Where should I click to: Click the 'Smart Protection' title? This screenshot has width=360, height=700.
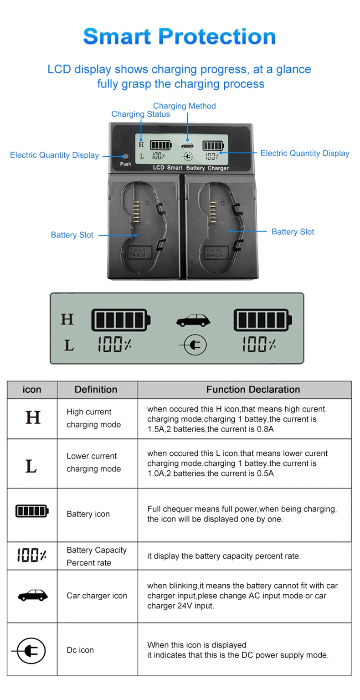180,36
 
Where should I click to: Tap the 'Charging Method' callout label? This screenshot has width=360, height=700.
184,106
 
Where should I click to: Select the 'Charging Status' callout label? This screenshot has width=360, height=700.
140,114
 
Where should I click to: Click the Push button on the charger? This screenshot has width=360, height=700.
126,156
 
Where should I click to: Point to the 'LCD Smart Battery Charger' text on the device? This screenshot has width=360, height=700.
190,168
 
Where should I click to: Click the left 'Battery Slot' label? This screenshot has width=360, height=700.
72,235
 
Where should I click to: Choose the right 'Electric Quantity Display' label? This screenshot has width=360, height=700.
304,153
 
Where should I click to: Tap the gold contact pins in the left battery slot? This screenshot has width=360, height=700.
136,212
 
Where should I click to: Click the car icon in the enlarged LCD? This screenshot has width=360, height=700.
193,320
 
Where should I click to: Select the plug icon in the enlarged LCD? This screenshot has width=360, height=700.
194,345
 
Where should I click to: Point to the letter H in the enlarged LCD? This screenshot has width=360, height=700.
67,319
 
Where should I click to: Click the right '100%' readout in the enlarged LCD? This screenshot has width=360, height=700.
258,345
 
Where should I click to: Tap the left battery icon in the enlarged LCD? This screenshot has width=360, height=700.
121,319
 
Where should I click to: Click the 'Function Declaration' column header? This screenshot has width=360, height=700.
253,389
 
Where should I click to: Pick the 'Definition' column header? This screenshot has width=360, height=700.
96,389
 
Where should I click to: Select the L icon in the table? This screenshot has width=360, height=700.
31,466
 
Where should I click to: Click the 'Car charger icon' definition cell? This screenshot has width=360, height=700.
97,595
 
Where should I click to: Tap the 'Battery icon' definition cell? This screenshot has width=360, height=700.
88,514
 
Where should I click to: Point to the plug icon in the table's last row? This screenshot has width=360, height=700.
30,650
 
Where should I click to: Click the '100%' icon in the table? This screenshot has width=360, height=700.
31,555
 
